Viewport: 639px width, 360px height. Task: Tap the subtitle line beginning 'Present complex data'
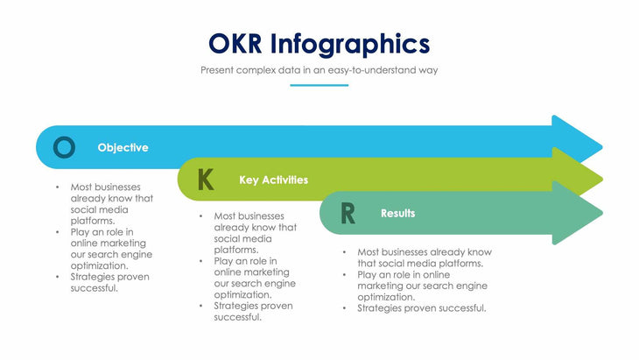click(x=319, y=68)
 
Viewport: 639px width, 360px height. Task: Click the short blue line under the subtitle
click(x=319, y=85)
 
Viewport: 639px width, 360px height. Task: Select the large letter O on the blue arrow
click(x=64, y=147)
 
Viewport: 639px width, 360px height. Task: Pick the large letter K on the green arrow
click(x=206, y=180)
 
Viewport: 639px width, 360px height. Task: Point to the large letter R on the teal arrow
click(x=348, y=214)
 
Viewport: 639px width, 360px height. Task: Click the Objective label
click(x=123, y=148)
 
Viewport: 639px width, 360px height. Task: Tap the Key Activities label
click(x=273, y=180)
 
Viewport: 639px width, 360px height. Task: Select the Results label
click(x=397, y=213)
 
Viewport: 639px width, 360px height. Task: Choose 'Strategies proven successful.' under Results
click(x=421, y=308)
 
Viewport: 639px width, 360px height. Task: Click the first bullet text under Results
click(x=424, y=258)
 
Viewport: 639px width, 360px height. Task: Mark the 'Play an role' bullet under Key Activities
click(x=254, y=278)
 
